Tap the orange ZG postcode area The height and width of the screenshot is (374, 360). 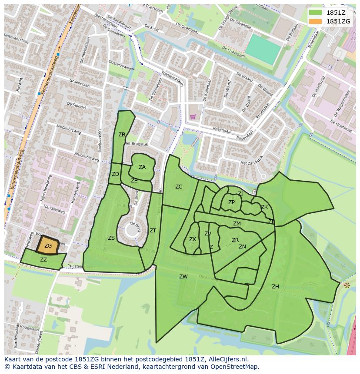(48, 245)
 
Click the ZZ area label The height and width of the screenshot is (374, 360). (43, 260)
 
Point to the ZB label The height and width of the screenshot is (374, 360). (122, 135)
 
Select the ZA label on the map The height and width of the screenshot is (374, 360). (142, 167)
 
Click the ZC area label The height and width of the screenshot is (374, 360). (179, 187)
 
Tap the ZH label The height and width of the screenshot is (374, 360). (275, 287)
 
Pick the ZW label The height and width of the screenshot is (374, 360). (183, 277)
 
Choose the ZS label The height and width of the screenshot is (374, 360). (111, 238)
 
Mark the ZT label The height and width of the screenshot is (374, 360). (153, 231)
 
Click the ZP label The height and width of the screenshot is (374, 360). (231, 202)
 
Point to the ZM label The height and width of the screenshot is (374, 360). (237, 224)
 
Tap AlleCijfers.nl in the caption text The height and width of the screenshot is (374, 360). (226, 359)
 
